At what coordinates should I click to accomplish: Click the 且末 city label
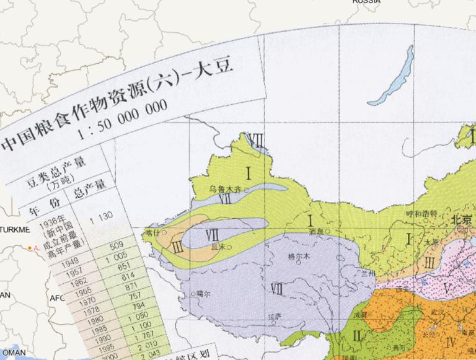coord(218,247)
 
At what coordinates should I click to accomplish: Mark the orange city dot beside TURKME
coord(29,248)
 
